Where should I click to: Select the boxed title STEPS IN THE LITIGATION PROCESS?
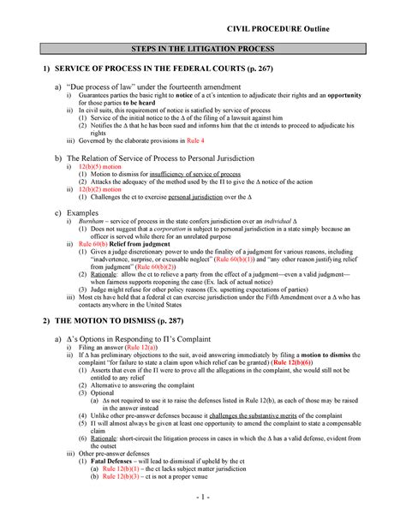tap(202, 51)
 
